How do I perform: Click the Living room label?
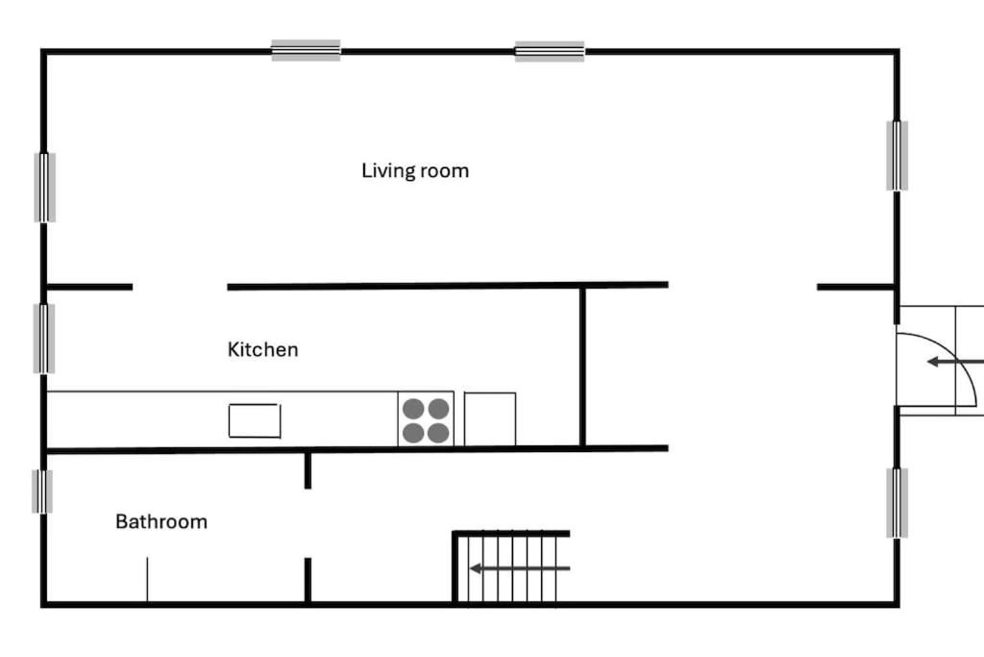(x=415, y=171)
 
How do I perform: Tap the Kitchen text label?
(x=263, y=349)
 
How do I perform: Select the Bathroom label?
(x=161, y=521)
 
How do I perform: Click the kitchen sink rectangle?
(x=255, y=420)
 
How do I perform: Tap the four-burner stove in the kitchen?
(x=426, y=419)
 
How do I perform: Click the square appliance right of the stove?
(x=490, y=419)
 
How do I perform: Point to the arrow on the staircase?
(x=520, y=569)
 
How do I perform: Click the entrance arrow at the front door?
(x=955, y=362)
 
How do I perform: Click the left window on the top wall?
(x=307, y=50)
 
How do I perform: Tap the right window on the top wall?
(x=550, y=51)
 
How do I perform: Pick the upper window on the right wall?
(x=897, y=155)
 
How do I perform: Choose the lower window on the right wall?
(x=897, y=502)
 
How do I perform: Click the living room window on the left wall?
(x=44, y=188)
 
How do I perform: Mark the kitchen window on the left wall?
(x=44, y=339)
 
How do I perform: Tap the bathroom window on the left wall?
(x=42, y=492)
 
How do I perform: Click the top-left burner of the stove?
(x=413, y=408)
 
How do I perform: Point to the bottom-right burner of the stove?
(x=438, y=433)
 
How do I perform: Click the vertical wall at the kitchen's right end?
(x=582, y=367)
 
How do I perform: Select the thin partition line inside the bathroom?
(x=147, y=579)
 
